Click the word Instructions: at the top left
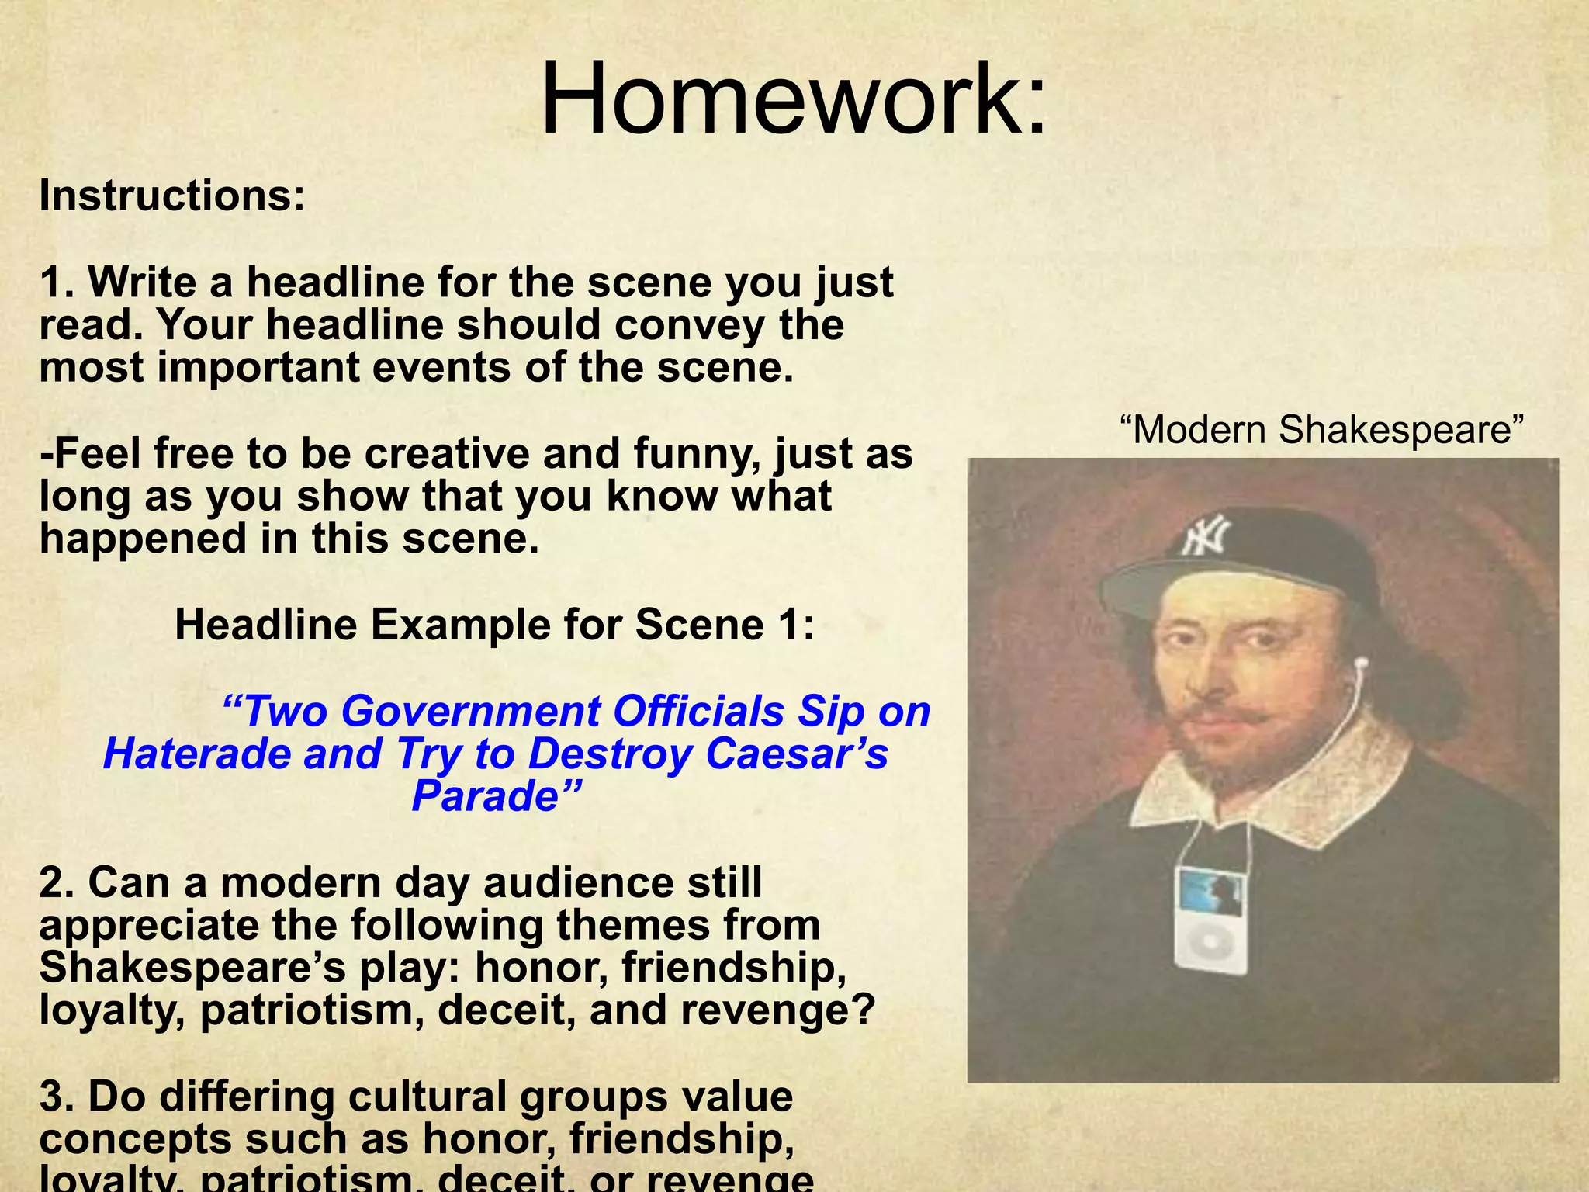click(172, 196)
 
